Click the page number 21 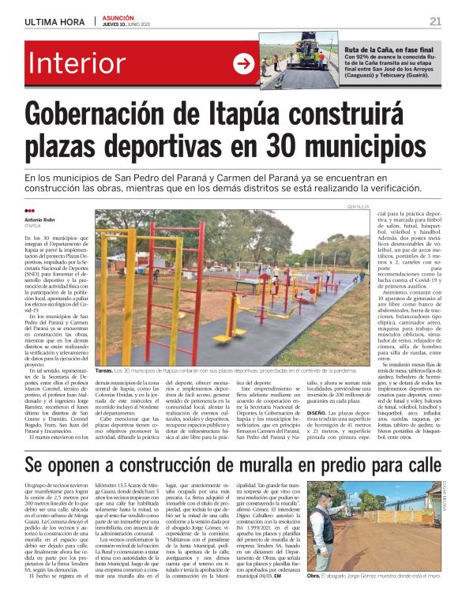435,21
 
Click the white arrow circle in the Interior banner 242,64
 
